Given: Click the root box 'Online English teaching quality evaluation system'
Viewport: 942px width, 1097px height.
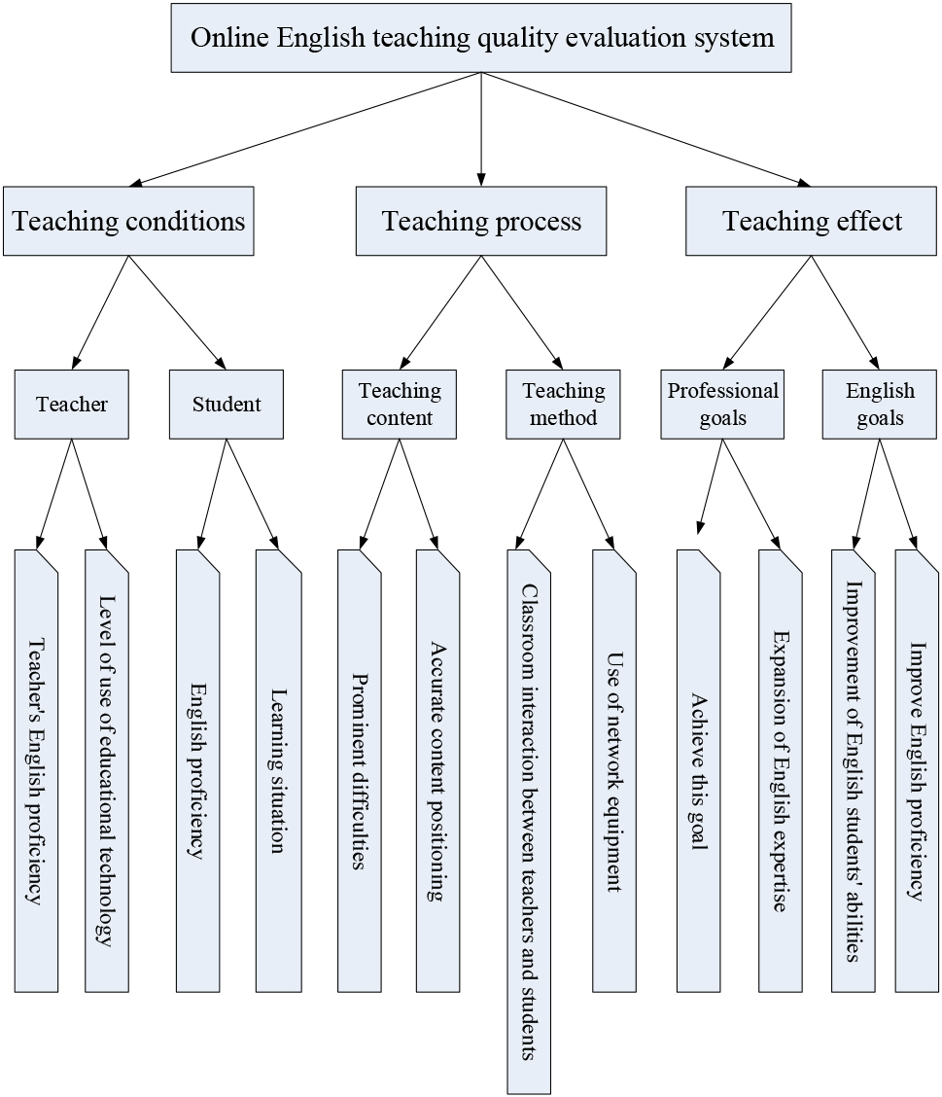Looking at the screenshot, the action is click(481, 38).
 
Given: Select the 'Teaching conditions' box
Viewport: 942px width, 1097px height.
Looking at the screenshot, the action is click(128, 221).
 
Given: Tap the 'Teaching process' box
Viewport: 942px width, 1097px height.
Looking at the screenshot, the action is click(481, 221).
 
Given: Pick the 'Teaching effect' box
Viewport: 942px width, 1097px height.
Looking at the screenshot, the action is click(811, 221).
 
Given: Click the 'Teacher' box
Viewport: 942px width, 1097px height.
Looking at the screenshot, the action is click(72, 405).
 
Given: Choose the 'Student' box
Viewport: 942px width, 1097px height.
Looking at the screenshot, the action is click(227, 405).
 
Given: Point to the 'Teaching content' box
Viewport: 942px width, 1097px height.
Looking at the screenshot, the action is click(400, 405).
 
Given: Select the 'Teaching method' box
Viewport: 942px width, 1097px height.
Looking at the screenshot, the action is click(563, 405).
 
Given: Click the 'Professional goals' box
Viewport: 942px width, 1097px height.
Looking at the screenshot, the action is click(722, 405).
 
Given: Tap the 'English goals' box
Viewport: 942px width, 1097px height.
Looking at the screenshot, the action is click(879, 405).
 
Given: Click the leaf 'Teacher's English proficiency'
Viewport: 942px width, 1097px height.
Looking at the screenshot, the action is click(36, 771).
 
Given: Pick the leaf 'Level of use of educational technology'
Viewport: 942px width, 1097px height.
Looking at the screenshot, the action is click(107, 771).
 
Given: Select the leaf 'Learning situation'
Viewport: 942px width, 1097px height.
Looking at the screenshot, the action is click(278, 771).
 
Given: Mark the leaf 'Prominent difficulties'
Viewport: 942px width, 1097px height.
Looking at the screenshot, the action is click(360, 771).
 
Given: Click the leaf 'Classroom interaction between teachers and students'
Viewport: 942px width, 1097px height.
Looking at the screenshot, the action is click(529, 822).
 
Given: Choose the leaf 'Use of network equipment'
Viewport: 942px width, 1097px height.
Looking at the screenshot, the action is click(614, 771).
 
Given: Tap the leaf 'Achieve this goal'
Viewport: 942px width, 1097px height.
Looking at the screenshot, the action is click(699, 771).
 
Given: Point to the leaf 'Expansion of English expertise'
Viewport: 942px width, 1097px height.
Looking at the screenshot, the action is click(781, 771).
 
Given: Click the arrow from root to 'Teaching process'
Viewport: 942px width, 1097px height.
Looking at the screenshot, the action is click(481, 129).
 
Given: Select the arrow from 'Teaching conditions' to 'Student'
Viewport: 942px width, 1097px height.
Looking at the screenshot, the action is click(178, 313).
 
